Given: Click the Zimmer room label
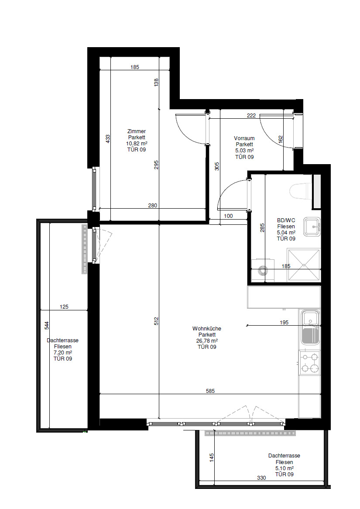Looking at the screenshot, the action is (137, 131).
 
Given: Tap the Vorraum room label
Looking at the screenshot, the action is (244, 138).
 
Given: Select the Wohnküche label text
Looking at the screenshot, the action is (207, 329).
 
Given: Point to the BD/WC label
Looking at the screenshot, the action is (286, 220).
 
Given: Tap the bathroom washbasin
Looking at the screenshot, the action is (312, 227).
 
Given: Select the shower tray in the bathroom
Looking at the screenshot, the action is (304, 265).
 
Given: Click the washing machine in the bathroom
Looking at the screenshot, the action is (263, 270).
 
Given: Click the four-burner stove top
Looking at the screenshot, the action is (310, 363).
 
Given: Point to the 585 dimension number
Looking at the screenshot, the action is (210, 391).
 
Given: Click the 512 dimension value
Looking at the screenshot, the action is (156, 321).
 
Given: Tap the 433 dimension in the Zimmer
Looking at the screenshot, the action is (108, 139).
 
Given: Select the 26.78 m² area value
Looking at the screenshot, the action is (207, 341).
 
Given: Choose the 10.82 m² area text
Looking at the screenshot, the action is (137, 144).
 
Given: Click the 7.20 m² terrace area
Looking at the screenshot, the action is (63, 353).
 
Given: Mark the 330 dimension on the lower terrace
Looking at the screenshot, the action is (261, 478).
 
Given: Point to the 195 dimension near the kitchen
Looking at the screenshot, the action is (284, 322).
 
